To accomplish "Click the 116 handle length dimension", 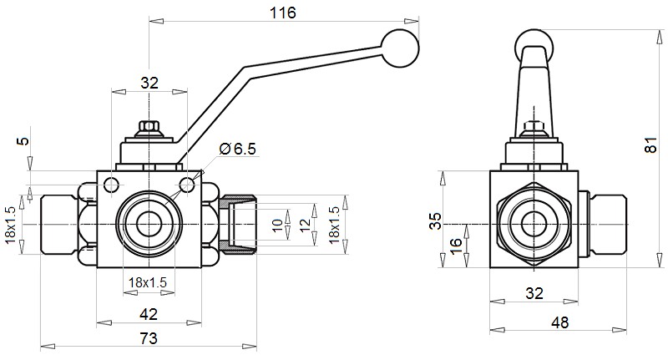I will point(283,13).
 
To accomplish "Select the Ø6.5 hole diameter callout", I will point(236,149).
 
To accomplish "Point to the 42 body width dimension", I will point(148,314).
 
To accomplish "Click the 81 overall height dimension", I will point(651,145).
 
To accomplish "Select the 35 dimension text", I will point(434,221).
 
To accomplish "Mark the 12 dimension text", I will point(305,226).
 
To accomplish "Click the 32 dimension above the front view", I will point(149,83).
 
